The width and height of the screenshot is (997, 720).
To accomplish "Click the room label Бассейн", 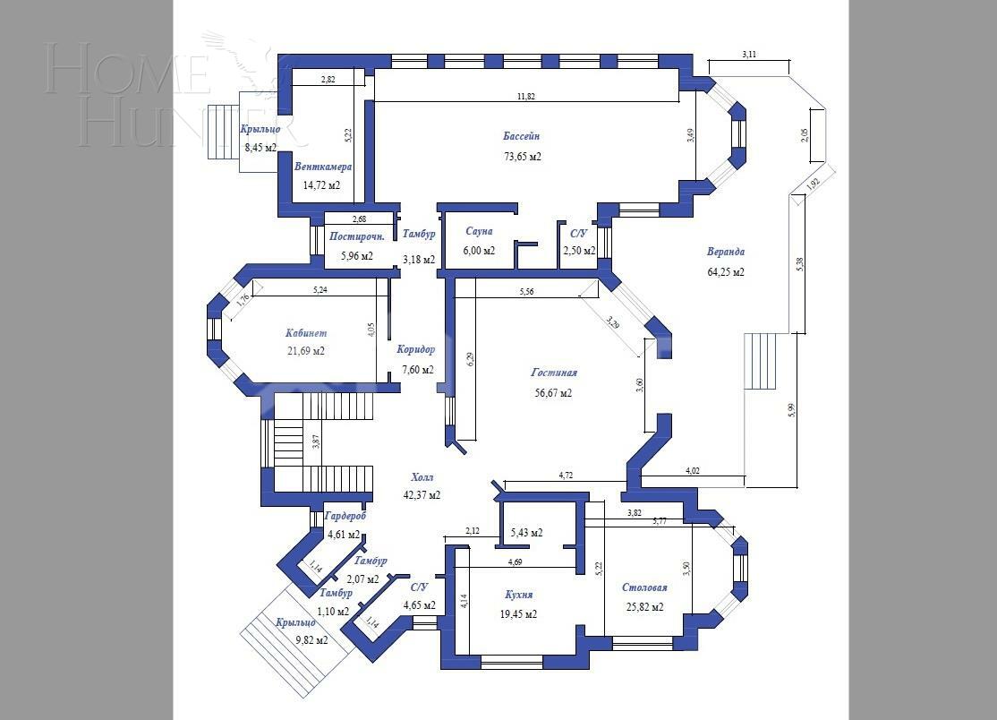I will coord(521,136).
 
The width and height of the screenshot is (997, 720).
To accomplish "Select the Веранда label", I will coord(726,253).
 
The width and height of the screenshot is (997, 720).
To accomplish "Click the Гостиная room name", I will coord(554,373).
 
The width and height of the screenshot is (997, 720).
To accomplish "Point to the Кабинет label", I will coord(306,332).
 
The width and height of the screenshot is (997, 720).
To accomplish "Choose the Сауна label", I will coord(479,231).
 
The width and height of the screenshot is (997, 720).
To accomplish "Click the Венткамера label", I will coord(323,167).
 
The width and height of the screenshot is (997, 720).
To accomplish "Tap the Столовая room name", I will coord(644,587).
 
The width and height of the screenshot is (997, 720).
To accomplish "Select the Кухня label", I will coord(518,595).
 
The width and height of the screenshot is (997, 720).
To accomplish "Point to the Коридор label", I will coord(416,350).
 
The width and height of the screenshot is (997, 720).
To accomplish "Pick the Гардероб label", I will coord(345,516).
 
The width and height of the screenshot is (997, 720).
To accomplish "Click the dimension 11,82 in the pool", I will coord(525,96).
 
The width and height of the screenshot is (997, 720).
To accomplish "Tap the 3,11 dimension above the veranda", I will coord(749,55).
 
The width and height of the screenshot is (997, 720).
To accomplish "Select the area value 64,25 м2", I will coord(726,272).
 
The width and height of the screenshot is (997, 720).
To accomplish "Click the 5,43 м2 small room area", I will coord(526,533).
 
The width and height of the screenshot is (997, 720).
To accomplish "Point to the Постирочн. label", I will coord(357,237).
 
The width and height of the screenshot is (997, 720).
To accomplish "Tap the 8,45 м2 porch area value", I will coord(260,148).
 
